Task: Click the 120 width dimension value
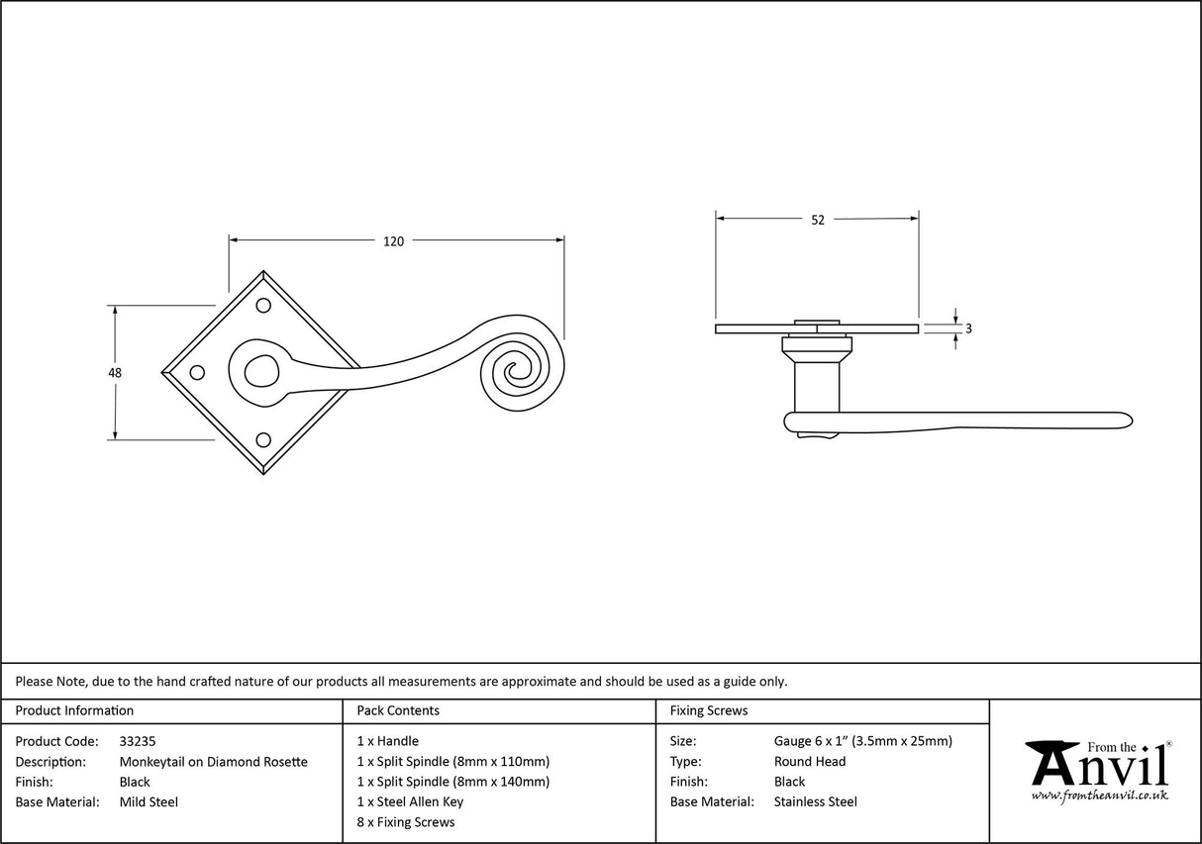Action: [x=394, y=241]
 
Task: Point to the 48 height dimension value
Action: [x=115, y=373]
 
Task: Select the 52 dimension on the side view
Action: [x=818, y=221]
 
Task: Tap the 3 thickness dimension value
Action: [x=967, y=328]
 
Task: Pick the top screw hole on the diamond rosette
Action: [x=264, y=306]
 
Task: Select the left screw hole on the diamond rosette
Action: [x=196, y=373]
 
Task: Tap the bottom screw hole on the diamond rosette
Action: [x=264, y=439]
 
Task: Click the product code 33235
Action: [x=137, y=741]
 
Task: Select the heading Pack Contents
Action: [x=398, y=710]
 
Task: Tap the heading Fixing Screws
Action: [x=709, y=710]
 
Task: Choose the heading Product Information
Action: [x=74, y=710]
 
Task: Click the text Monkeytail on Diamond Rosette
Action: [x=213, y=762]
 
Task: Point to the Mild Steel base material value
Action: [x=149, y=802]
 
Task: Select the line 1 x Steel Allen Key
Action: [x=410, y=802]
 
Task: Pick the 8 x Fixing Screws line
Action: [x=406, y=822]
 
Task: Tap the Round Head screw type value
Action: [x=810, y=762]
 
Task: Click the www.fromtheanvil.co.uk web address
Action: [x=1099, y=796]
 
